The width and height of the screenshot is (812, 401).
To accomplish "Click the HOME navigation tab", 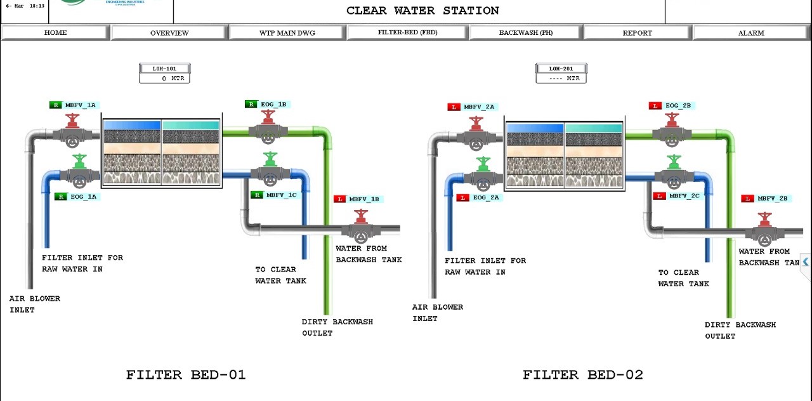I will pyautogui.click(x=56, y=33).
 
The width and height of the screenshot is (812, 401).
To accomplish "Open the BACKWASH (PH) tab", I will pyautogui.click(x=525, y=33).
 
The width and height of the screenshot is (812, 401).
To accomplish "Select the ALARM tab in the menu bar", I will pyautogui.click(x=751, y=33).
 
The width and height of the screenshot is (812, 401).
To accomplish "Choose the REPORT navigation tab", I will pyautogui.click(x=637, y=33).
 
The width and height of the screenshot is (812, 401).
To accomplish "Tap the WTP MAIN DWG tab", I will pyautogui.click(x=287, y=33).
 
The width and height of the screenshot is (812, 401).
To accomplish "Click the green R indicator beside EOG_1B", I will pyautogui.click(x=251, y=105).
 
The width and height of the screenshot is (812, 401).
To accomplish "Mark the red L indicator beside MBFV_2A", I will pyautogui.click(x=454, y=107).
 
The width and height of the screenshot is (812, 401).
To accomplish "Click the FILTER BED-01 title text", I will pyautogui.click(x=186, y=375).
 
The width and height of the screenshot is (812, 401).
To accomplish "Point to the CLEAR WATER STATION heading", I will pyautogui.click(x=422, y=11).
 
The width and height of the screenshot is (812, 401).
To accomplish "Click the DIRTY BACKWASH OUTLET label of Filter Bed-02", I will pyautogui.click(x=740, y=330).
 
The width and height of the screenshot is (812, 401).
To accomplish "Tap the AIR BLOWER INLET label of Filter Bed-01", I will pyautogui.click(x=35, y=304).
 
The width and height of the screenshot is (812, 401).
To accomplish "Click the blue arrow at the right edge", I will pyautogui.click(x=806, y=261).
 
